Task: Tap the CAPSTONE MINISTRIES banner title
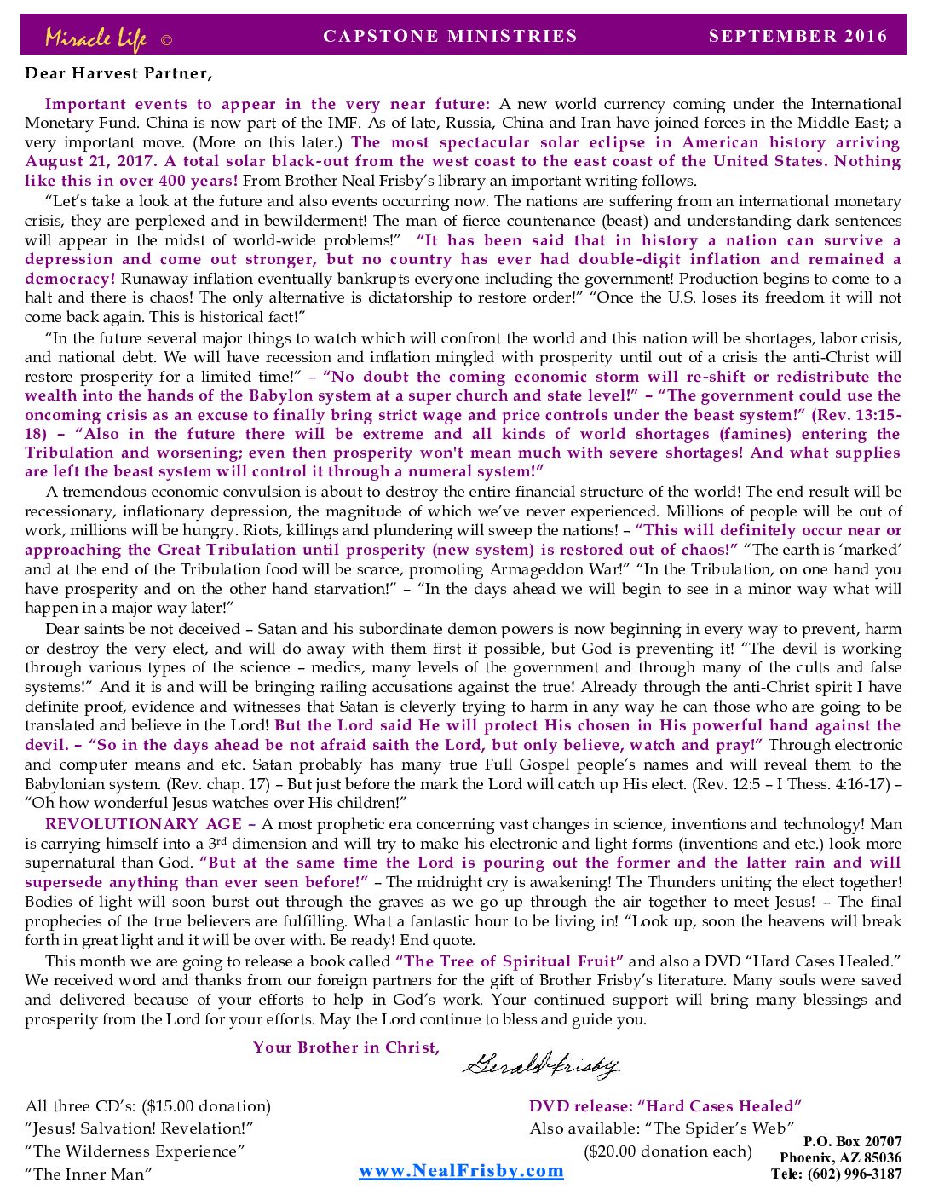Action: pos(450,36)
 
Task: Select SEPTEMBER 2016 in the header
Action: pos(797,36)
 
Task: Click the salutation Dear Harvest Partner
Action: pos(118,73)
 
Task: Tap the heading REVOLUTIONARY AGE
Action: pos(143,824)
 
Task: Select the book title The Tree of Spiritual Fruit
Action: pos(510,961)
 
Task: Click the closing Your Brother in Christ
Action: pos(346,1047)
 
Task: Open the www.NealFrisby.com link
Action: pos(461,1170)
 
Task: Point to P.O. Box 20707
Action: pos(852,1141)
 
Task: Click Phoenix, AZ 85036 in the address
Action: pos(840,1157)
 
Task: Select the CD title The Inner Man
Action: pos(89,1174)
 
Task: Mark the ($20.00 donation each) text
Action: pos(668,1151)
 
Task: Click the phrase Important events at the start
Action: pos(116,104)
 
